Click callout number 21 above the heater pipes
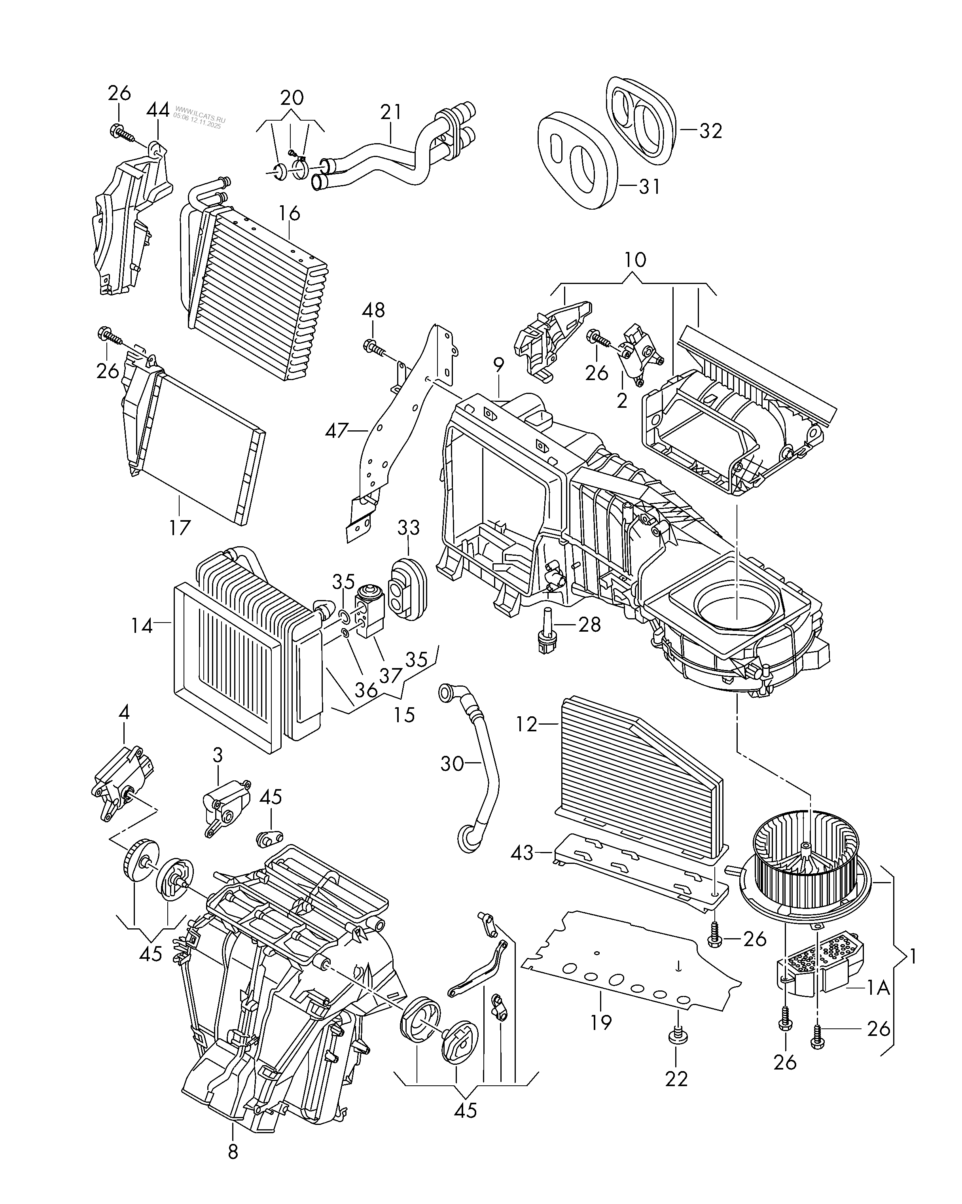[391, 112]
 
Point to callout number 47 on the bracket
[337, 431]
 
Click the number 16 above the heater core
[289, 213]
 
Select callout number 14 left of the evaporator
[142, 626]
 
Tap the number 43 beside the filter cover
[522, 868]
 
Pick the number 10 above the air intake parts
[635, 260]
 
